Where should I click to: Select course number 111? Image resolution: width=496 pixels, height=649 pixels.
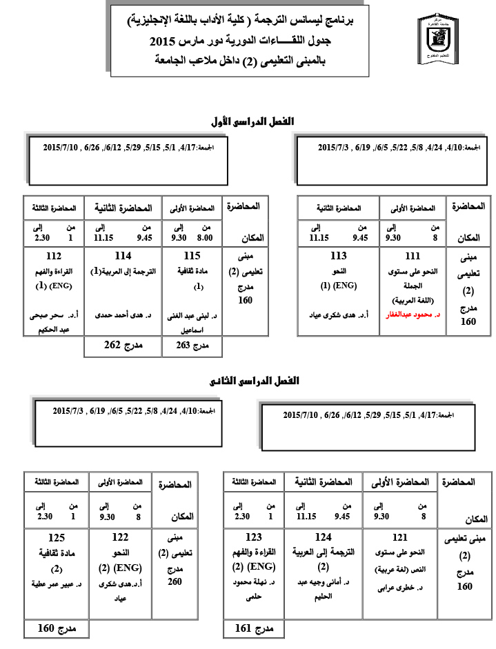(x=413, y=255)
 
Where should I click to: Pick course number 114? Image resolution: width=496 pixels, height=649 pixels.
(x=123, y=255)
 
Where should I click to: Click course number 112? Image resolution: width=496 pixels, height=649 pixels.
(x=52, y=255)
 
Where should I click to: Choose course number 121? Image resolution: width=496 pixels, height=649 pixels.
(x=399, y=537)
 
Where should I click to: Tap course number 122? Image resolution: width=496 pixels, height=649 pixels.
(x=119, y=537)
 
